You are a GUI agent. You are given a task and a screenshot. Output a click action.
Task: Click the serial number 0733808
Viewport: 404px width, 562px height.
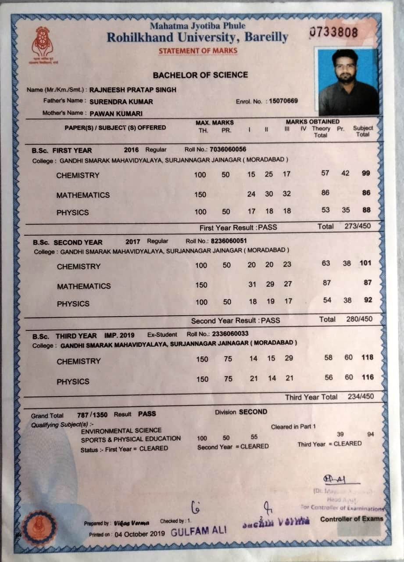[x=334, y=32]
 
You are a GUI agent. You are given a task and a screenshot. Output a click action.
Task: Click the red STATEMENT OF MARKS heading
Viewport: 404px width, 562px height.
[x=198, y=51]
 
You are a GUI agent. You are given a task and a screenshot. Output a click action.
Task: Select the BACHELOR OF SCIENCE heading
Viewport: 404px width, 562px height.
[x=200, y=75]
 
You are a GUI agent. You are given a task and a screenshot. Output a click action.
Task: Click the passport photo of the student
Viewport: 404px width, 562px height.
[x=348, y=82]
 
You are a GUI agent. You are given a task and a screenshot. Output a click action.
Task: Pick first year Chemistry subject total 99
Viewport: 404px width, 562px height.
[x=366, y=173]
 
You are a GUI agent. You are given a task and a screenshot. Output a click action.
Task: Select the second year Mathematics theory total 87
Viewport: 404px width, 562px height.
[x=327, y=283]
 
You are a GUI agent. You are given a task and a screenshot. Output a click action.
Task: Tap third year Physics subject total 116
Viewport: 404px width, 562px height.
[x=368, y=377]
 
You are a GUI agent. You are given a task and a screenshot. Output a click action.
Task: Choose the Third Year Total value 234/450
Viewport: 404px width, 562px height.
[x=361, y=396]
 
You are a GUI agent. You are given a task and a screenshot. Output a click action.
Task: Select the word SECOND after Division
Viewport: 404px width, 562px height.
[x=253, y=412]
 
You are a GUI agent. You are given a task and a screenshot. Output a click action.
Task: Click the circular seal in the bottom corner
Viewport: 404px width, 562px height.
[x=39, y=527]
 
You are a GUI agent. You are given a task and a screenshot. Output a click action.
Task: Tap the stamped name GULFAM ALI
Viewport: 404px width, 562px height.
[x=199, y=530]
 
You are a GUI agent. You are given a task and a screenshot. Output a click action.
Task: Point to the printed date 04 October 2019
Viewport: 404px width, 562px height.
[x=139, y=534]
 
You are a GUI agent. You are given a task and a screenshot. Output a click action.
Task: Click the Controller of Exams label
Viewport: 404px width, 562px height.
[x=351, y=519]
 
